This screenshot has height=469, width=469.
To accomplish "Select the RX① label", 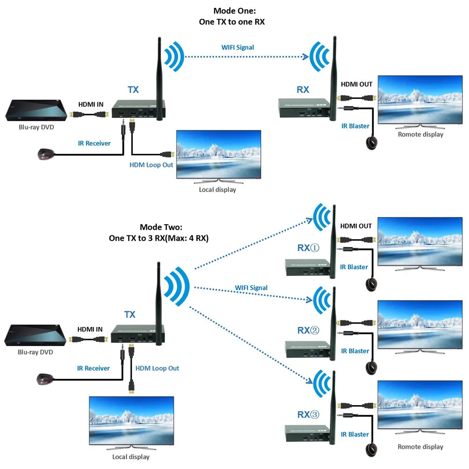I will [308, 247].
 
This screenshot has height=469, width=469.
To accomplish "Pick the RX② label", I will [308, 330].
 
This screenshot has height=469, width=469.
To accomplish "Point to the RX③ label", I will [308, 414].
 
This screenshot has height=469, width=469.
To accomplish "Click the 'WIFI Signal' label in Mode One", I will [238, 47].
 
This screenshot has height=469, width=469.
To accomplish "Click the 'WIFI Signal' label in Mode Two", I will [251, 288].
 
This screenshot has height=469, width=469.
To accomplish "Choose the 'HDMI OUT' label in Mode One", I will [356, 84].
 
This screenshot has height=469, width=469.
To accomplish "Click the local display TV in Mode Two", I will [130, 421].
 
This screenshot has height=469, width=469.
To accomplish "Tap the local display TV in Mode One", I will [218, 155].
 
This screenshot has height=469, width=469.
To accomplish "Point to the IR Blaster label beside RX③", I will [355, 434].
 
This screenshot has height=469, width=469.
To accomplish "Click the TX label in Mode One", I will [133, 89].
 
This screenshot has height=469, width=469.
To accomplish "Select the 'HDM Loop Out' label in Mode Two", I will [157, 368].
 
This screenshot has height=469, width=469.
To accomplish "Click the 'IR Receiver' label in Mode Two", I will [93, 368].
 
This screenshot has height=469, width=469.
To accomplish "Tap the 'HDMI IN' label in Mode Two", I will [90, 329].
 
